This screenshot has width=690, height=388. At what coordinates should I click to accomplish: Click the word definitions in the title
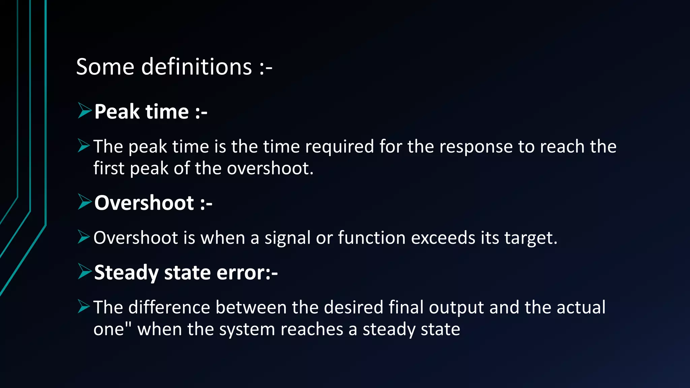coord(196,67)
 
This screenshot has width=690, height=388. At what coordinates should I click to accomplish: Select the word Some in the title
coord(105,67)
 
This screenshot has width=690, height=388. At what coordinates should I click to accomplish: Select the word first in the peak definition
coord(108,168)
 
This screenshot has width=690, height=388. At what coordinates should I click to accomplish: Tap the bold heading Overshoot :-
coord(153,203)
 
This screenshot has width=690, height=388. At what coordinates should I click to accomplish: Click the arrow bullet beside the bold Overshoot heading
coord(84,202)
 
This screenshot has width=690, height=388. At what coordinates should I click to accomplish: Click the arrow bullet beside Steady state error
coord(84,271)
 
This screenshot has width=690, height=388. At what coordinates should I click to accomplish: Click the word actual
coord(581,308)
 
